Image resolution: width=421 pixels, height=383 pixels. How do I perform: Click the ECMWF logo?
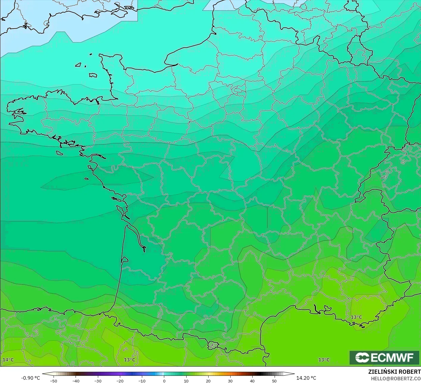(384, 357)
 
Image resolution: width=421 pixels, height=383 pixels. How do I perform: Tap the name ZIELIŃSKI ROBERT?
(394, 372)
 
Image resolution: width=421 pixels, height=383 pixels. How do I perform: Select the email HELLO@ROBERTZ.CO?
(395, 378)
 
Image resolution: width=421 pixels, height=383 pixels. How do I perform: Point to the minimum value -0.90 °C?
(30, 378)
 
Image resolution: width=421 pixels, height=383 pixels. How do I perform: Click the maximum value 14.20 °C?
(306, 378)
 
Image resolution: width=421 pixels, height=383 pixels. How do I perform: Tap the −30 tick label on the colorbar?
(98, 381)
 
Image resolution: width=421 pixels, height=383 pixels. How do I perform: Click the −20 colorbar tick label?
(120, 381)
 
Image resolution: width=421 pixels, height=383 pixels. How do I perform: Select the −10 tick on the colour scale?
(142, 381)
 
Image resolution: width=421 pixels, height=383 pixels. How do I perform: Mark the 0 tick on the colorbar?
(164, 381)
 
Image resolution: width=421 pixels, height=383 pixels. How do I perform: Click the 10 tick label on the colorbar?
(186, 381)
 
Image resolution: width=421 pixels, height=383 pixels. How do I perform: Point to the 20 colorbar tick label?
(208, 381)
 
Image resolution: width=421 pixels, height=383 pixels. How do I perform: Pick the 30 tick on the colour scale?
(230, 381)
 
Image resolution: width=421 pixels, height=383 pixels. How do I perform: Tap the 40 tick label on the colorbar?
(252, 381)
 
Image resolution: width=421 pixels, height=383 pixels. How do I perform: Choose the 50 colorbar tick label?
(274, 381)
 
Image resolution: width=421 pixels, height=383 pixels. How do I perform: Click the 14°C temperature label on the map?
(8, 360)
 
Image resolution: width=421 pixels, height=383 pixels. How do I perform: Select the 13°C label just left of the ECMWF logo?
(324, 360)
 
